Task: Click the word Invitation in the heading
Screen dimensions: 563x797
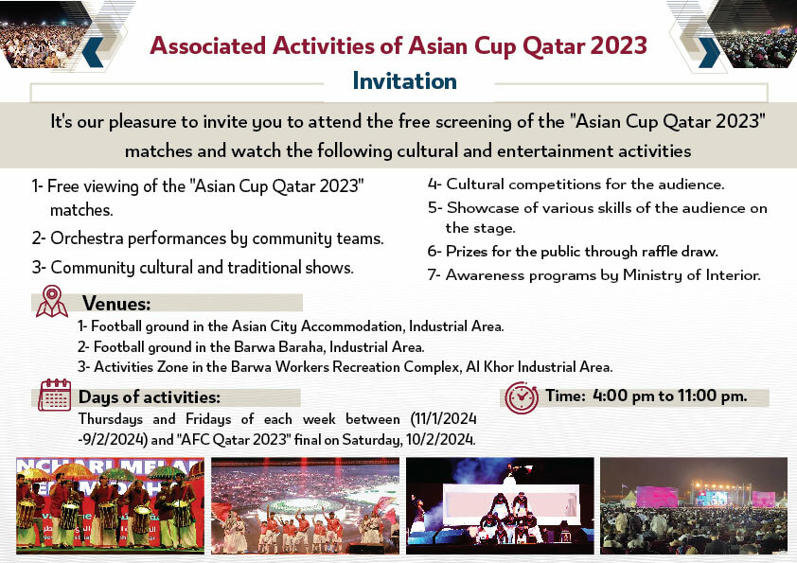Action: [404, 81]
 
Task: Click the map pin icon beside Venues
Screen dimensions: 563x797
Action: [51, 302]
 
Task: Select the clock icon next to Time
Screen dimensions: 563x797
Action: [522, 397]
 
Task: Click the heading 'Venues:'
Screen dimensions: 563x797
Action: [116, 304]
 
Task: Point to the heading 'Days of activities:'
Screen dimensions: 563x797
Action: [150, 396]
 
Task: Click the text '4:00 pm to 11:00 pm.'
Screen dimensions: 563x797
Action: [670, 396]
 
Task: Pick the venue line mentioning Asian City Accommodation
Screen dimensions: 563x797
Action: [291, 327]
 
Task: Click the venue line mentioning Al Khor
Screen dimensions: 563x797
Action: [345, 366]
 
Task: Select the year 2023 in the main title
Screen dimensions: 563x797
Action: [617, 45]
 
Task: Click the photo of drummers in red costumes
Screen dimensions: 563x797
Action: [110, 506]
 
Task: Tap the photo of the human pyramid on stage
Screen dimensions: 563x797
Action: [499, 506]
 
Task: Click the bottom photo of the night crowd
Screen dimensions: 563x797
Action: [694, 506]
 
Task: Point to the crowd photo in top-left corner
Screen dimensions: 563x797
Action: [43, 33]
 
